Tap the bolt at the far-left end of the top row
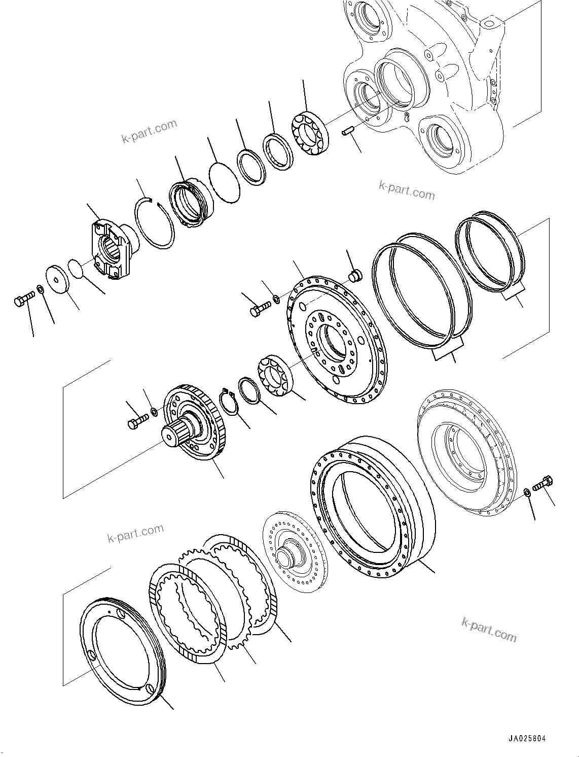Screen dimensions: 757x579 [23, 300]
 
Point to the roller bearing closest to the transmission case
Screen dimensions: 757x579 [310, 133]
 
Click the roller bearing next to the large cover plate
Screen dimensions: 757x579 [274, 376]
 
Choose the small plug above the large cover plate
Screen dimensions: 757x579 [355, 276]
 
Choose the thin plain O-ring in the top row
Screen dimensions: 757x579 [224, 182]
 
